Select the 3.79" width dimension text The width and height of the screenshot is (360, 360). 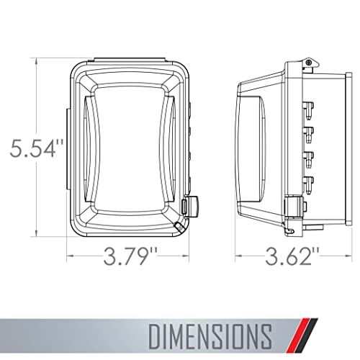[130, 256]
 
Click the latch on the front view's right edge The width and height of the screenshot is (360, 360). [192, 206]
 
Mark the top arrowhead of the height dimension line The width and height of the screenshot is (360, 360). [36, 60]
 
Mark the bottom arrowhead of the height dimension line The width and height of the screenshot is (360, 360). [36, 232]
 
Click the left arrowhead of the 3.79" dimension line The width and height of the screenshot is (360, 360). [70, 255]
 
